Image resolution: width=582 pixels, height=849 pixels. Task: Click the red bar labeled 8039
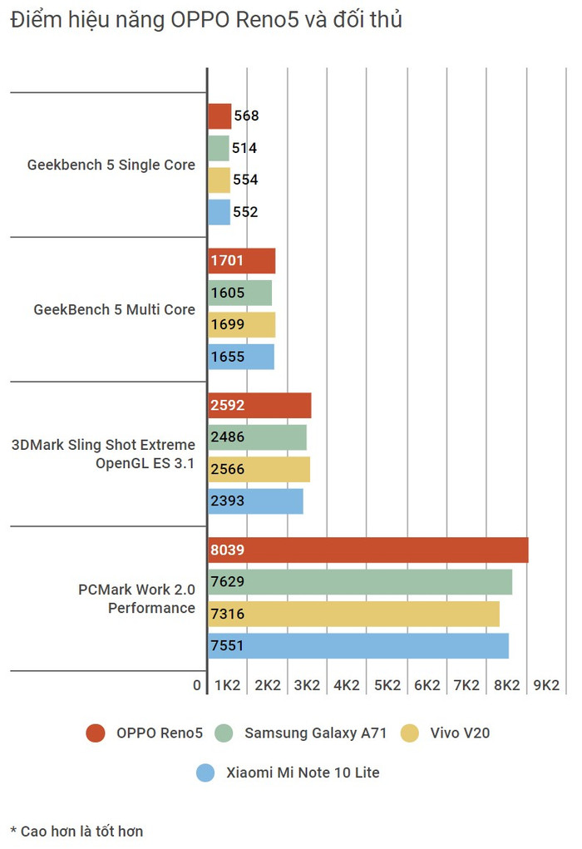click(x=367, y=550)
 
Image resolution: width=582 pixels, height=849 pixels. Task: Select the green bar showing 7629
click(x=359, y=581)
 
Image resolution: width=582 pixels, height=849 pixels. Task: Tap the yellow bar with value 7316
click(x=353, y=614)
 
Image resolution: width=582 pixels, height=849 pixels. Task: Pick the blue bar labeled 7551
click(x=358, y=646)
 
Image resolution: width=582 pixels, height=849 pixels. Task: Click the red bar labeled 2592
click(x=259, y=406)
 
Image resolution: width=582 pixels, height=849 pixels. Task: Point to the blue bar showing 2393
click(x=254, y=501)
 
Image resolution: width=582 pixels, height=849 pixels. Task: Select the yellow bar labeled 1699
click(x=241, y=325)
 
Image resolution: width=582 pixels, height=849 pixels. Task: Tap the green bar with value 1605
click(x=239, y=293)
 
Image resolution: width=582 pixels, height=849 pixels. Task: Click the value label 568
click(x=247, y=116)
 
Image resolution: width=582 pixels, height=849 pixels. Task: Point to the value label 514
click(x=244, y=148)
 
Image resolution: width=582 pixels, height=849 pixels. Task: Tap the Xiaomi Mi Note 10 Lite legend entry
click(x=288, y=772)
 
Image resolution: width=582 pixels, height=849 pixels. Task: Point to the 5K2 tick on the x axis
click(x=387, y=685)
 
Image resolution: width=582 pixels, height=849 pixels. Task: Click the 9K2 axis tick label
click(x=546, y=685)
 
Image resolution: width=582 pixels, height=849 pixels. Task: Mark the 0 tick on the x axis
click(x=197, y=685)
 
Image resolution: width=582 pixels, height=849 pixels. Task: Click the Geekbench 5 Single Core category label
click(x=111, y=165)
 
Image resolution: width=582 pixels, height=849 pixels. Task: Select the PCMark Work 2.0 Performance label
click(x=136, y=599)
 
